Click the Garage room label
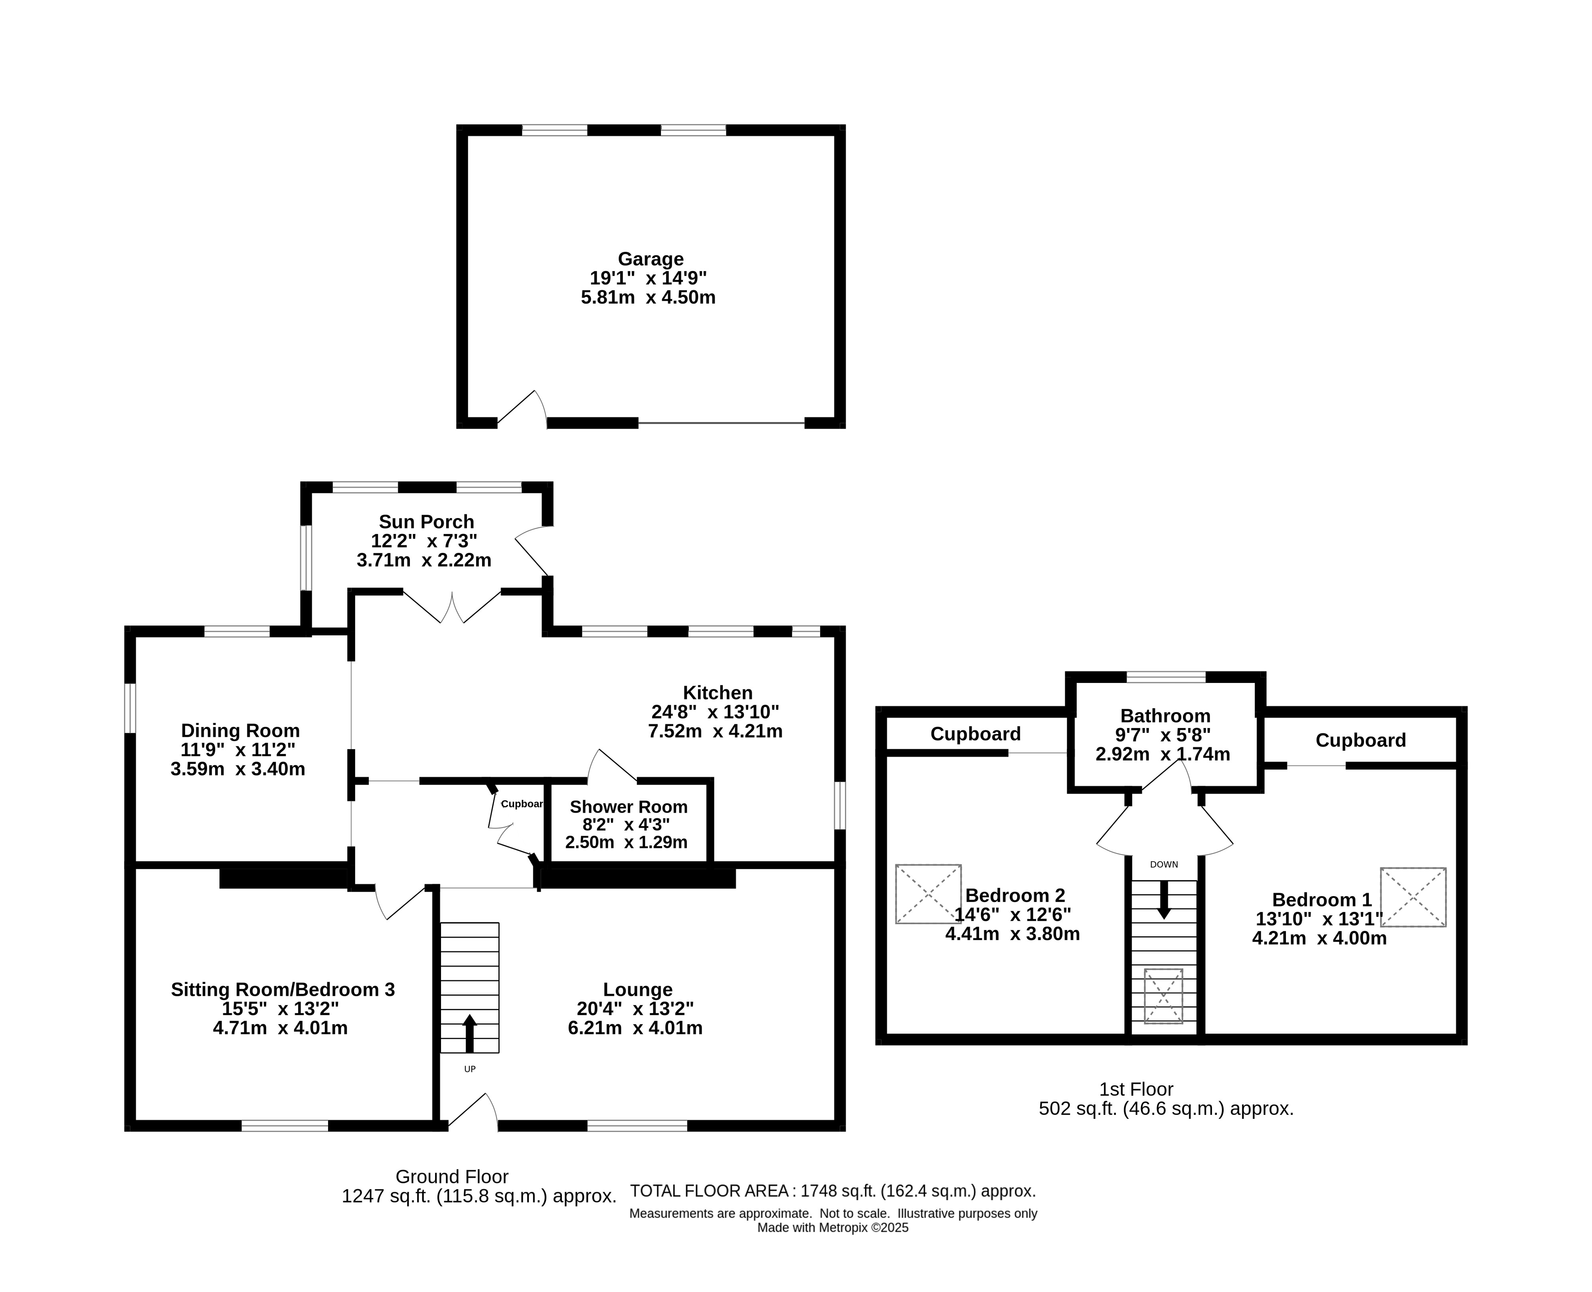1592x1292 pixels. pos(651,259)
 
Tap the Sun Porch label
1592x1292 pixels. pos(427,522)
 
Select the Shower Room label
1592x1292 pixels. pos(628,807)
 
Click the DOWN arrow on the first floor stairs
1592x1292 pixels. pos(1164,899)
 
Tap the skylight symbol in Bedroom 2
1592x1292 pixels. pos(928,894)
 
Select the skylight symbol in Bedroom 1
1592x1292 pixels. pos(1413,897)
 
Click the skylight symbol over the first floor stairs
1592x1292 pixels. pos(1163,996)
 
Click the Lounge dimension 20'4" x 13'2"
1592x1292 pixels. pos(636,1009)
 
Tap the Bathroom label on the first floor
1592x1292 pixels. pos(1165,716)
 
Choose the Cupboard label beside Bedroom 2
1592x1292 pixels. pos(976,734)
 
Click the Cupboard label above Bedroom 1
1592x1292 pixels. pos(1361,740)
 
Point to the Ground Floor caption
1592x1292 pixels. pos(452,1177)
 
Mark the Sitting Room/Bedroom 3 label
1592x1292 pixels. pos(283,990)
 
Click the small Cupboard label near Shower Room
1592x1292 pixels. pos(522,804)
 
